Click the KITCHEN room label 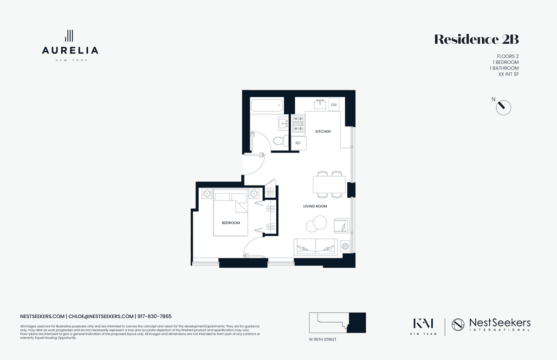click(323, 131)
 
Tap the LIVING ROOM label click(315, 206)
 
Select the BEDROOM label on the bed click(231, 223)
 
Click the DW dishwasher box click(334, 105)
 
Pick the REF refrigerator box click(298, 143)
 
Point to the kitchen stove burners click(298, 123)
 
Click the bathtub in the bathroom click(267, 105)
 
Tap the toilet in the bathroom click(280, 141)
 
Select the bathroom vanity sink click(283, 123)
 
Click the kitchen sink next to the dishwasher click(320, 104)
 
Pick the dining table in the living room click(329, 184)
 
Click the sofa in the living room click(316, 247)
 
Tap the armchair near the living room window click(342, 225)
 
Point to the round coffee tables click(316, 224)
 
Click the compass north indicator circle click(503, 108)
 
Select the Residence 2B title click(476, 39)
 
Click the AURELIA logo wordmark click(70, 50)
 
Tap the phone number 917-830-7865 click(155, 316)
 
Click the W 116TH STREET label click(323, 340)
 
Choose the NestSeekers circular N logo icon click(458, 324)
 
